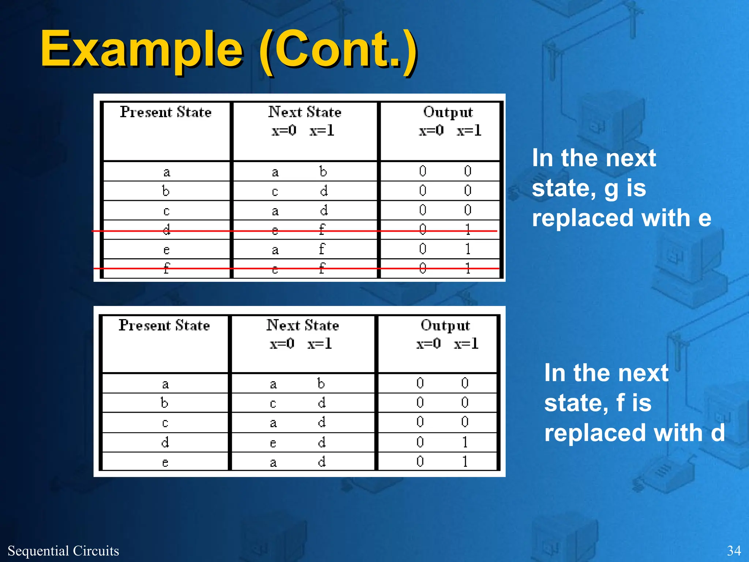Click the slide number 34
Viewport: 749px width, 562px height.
pos(734,551)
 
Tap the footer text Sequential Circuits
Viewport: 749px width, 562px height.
pos(63,551)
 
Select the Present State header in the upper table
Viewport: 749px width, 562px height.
pos(166,112)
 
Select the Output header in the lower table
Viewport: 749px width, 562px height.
pos(445,325)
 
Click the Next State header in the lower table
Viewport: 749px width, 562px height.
pos(302,325)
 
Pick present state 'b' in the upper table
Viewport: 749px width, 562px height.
pos(166,191)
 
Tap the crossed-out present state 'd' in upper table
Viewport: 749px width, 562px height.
pos(166,229)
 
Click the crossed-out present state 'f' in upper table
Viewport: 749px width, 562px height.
pos(166,268)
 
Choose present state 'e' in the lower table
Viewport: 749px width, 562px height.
pos(165,462)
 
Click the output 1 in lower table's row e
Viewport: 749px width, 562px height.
pos(465,461)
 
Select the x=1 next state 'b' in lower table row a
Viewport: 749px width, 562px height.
pos(321,383)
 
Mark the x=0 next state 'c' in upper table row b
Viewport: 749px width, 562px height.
pos(275,191)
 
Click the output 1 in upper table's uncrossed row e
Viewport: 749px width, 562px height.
pos(468,249)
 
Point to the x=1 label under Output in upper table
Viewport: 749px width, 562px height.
pos(469,131)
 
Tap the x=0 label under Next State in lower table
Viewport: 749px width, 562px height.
pos(282,344)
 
